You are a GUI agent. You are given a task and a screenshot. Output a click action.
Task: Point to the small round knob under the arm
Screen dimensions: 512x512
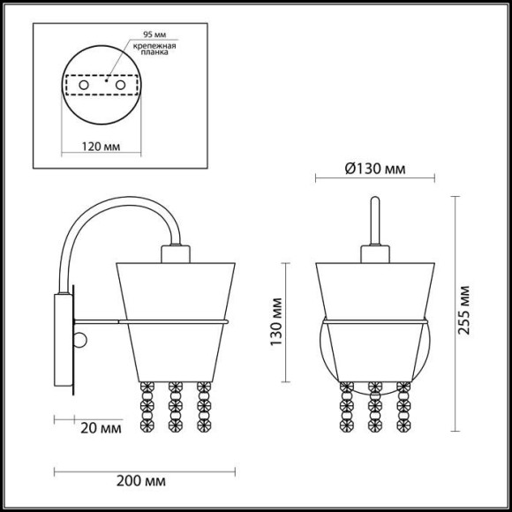point(81,340)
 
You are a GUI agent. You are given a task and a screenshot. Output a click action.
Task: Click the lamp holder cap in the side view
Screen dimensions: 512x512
point(175,253)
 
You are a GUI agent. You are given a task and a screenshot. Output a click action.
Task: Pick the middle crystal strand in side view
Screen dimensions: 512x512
point(176,406)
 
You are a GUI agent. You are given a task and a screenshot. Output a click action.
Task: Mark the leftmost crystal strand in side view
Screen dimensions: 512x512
point(146,406)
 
